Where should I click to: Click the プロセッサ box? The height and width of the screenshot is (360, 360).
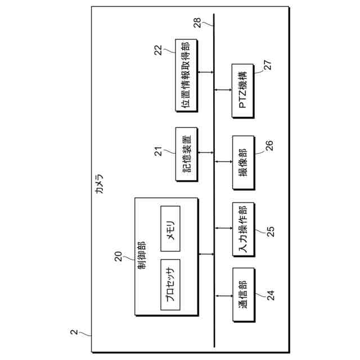coord(170,285)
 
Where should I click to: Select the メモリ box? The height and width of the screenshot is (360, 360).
coord(170,229)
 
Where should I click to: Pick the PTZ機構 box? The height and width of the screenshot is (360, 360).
coord(244,91)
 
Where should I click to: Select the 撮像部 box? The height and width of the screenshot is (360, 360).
coord(244,163)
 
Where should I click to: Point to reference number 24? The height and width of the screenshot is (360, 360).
coord(271,295)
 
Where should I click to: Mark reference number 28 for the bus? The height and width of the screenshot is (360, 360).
coord(196,22)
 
